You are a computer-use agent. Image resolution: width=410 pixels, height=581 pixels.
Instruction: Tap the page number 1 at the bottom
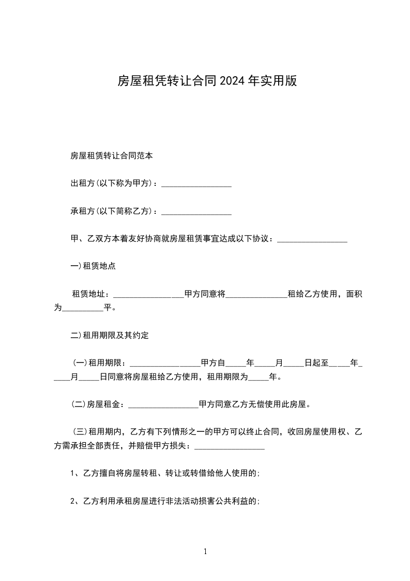(x=205, y=552)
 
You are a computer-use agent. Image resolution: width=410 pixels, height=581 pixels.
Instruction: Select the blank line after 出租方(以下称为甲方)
(x=196, y=184)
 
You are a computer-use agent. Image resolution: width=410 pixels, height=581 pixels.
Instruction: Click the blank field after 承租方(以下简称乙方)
(x=196, y=212)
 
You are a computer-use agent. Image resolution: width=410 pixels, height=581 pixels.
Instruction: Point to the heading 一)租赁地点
(x=93, y=266)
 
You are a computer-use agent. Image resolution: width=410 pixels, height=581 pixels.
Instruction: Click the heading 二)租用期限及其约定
(x=110, y=335)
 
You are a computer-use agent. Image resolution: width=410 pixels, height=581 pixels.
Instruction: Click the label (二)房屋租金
(x=97, y=404)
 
